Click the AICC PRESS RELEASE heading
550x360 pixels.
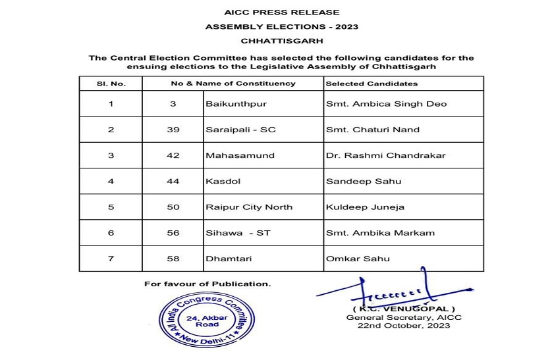[272, 12]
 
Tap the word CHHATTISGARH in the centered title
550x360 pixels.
[272, 41]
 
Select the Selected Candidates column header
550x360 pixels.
[371, 84]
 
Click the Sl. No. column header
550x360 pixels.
[111, 84]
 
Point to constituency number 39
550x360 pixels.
[173, 130]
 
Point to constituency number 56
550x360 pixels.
[173, 232]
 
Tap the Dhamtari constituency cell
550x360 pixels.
[224, 259]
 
